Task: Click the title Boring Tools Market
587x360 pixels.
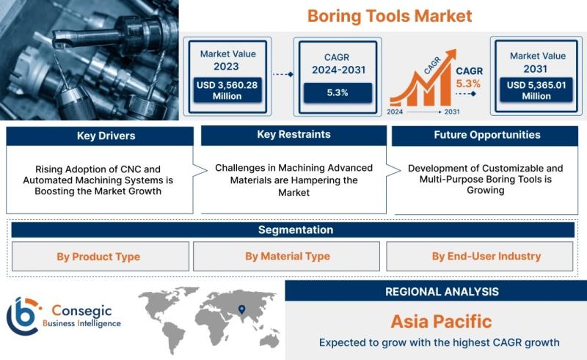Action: (x=390, y=16)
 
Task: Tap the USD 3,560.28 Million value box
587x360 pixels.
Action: (x=227, y=90)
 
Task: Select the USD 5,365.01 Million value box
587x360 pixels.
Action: (x=536, y=90)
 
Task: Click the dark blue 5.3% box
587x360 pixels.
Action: (x=338, y=92)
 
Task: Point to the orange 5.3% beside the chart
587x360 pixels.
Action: (x=468, y=84)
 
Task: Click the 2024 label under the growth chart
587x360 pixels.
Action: (x=395, y=111)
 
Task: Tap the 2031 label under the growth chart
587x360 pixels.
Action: (x=452, y=111)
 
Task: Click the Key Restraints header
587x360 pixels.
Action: (x=294, y=135)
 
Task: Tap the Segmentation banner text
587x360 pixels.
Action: (x=296, y=229)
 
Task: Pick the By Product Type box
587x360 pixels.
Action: (x=101, y=257)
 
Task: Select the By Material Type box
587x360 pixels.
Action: (x=286, y=257)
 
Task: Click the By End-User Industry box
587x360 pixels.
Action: (x=480, y=257)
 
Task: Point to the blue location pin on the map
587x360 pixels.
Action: (x=242, y=309)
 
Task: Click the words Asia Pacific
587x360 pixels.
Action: (x=442, y=321)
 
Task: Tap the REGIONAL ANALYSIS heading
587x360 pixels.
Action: (x=442, y=292)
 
